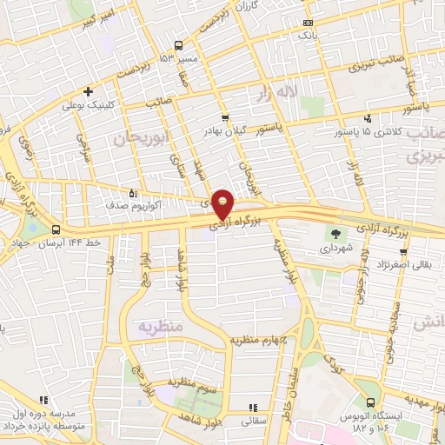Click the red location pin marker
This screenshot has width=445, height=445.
coord(222,203)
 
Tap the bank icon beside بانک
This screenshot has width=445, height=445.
coord(306,23)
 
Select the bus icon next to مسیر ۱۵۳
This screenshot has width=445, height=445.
coord(178,45)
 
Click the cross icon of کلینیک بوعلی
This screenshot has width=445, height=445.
coord(87,91)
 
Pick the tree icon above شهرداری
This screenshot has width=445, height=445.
coord(334,232)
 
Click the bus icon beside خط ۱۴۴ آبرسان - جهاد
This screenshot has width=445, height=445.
coord(56,229)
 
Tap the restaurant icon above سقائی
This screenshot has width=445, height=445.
coord(253,407)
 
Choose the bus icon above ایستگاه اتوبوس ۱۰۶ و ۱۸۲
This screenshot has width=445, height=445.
coord(371,402)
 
